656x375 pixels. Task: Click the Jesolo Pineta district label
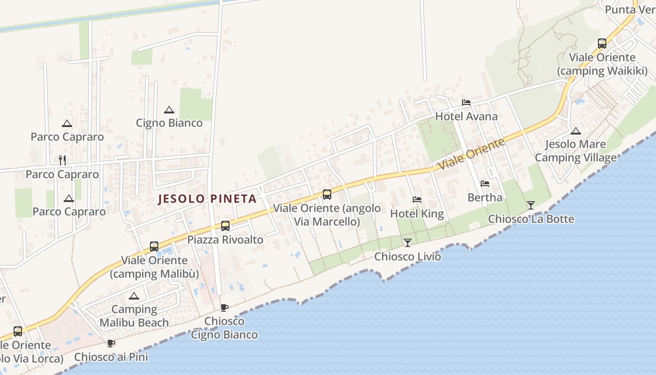(x=207, y=199)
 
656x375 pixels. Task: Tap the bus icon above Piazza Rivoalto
(x=225, y=226)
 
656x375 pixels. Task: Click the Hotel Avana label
(x=466, y=116)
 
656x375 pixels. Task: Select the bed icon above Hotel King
(x=417, y=200)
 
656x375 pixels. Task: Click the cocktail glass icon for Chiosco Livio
(x=408, y=242)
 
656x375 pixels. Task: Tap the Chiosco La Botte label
(x=531, y=219)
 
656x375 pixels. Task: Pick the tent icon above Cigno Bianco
(x=169, y=110)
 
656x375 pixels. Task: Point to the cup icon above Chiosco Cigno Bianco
(x=224, y=307)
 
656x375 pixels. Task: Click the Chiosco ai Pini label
(x=111, y=357)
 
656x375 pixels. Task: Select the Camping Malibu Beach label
(x=134, y=316)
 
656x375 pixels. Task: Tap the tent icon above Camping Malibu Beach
(x=134, y=296)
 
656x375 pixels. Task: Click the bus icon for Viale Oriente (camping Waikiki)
(x=602, y=44)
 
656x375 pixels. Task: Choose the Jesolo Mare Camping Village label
(x=576, y=150)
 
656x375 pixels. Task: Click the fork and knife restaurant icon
(x=62, y=160)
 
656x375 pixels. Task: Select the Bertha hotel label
(x=485, y=197)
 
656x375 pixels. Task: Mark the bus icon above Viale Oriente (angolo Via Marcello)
(x=327, y=194)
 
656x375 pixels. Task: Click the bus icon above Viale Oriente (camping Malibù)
(x=154, y=246)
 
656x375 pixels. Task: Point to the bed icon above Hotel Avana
(x=466, y=102)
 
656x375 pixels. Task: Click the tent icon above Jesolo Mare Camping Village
(x=576, y=131)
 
